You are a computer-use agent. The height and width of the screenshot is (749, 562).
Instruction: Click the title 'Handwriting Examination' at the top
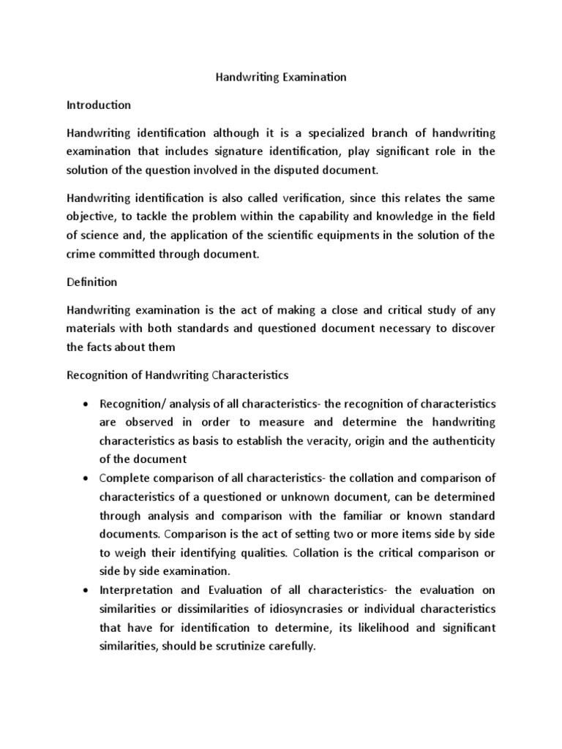281,77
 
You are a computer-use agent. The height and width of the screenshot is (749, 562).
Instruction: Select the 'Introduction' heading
99,105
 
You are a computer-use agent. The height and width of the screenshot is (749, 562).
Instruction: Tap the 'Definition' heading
91,281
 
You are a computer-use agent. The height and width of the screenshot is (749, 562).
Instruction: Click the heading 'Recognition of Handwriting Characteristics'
178,375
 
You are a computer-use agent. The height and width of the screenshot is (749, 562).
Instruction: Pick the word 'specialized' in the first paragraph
313,132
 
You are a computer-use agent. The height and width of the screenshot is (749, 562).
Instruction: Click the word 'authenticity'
463,441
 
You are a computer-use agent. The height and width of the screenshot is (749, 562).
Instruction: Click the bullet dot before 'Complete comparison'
88,478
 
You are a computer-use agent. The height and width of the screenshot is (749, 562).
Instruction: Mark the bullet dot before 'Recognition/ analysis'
88,404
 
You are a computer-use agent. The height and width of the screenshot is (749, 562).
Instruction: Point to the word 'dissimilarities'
200,609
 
